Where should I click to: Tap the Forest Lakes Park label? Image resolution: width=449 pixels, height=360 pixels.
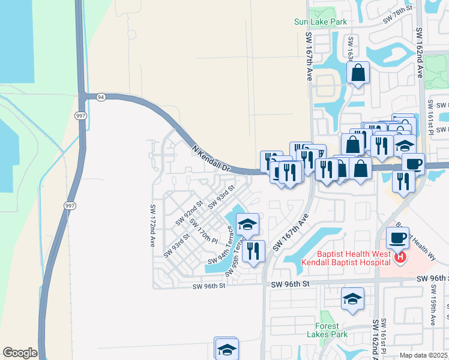click(x=331, y=330)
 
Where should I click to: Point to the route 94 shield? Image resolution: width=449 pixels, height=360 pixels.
click(x=100, y=97)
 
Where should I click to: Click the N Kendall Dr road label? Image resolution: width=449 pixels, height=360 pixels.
click(x=211, y=159)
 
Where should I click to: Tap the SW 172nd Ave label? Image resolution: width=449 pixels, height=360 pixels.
click(x=152, y=225)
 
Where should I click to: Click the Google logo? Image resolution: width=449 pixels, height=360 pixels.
click(x=20, y=353)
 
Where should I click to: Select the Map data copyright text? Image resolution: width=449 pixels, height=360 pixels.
click(x=424, y=355)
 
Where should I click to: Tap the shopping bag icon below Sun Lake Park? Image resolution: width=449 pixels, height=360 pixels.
click(x=358, y=73)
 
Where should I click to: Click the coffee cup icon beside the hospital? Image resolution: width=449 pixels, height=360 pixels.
click(x=397, y=238)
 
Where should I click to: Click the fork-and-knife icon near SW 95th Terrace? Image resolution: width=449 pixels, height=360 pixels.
click(x=253, y=251)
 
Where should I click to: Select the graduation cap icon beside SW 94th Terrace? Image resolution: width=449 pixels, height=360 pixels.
click(x=247, y=224)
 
